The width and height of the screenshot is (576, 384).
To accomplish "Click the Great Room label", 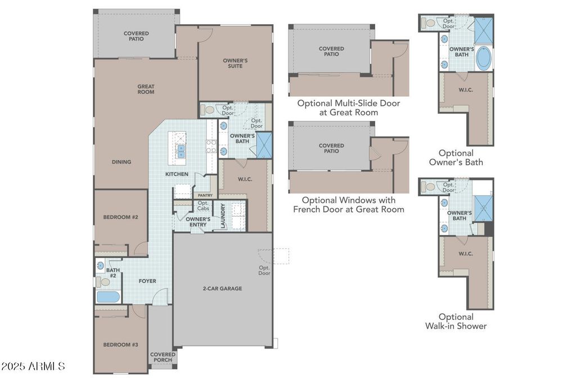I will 146,89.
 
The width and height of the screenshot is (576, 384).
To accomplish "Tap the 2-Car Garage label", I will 223,288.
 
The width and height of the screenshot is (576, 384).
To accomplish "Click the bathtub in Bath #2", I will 108,297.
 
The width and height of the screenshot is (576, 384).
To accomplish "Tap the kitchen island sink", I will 181,151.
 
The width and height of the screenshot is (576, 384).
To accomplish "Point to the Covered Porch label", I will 163,357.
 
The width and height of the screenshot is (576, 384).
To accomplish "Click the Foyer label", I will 147,281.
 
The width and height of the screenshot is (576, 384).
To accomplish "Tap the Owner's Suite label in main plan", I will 235,63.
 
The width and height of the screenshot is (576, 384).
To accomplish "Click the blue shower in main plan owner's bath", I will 264,144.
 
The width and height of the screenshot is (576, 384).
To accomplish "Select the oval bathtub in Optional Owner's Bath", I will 484,58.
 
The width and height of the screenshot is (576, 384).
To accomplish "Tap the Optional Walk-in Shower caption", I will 456,321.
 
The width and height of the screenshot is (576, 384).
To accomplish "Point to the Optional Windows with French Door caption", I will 349,205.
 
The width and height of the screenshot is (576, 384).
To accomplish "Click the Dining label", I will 121,162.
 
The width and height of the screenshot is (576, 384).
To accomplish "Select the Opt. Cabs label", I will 203,206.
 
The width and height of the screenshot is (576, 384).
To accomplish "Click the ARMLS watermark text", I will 33,367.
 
